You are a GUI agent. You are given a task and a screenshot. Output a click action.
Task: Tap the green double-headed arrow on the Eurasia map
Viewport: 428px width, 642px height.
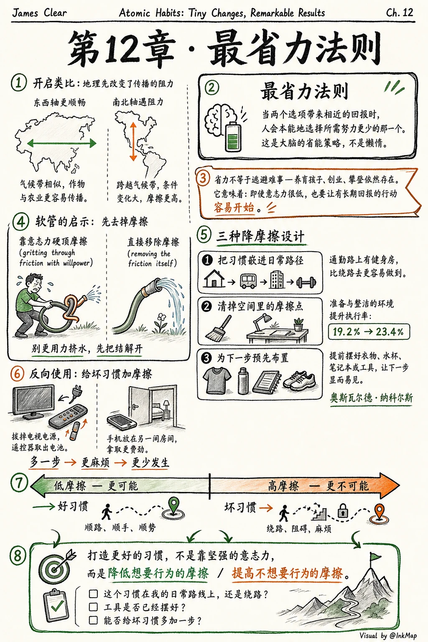click(x=61, y=143)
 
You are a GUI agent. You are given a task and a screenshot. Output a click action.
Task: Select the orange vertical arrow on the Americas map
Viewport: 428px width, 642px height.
click(x=133, y=141)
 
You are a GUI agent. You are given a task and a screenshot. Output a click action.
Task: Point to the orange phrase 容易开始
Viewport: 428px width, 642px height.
click(x=234, y=207)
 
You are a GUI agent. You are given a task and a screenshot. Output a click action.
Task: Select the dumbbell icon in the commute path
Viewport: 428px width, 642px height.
click(x=306, y=282)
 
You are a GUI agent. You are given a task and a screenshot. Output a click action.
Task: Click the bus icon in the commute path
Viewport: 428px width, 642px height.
click(x=248, y=281)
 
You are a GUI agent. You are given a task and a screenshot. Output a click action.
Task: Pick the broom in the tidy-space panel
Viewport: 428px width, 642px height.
click(x=219, y=328)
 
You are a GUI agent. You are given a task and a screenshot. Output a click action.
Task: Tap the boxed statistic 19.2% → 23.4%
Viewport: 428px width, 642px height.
click(x=369, y=331)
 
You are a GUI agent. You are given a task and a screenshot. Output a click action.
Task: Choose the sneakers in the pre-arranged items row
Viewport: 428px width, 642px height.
click(x=299, y=380)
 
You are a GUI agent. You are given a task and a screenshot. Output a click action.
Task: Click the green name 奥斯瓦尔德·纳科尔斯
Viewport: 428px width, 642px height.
click(x=371, y=398)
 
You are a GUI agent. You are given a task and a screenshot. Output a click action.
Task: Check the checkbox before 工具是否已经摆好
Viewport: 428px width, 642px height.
click(x=93, y=607)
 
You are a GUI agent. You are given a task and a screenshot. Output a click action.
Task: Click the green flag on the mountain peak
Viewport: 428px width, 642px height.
click(x=375, y=556)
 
